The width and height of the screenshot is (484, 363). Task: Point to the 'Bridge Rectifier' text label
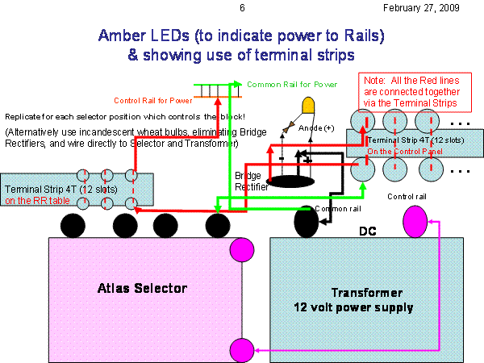(249, 180)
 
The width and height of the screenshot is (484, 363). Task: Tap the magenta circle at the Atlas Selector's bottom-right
(240, 350)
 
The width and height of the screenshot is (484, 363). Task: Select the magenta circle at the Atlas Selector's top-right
(240, 248)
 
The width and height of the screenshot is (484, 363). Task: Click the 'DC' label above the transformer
(367, 232)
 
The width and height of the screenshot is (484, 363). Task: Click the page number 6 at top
(242, 8)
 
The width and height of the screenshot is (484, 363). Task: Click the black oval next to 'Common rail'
(307, 219)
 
